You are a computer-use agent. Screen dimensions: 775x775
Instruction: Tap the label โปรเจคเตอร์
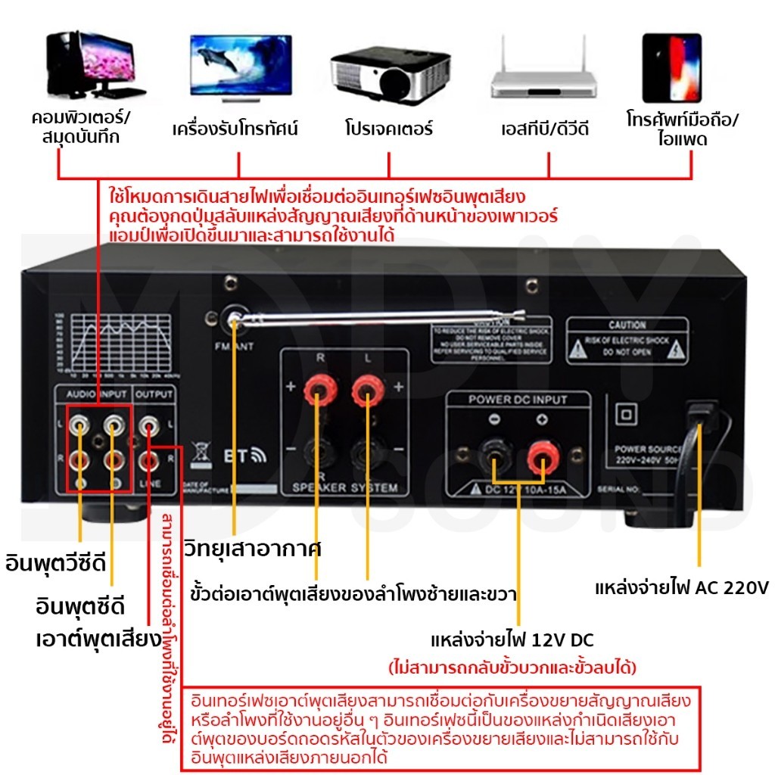coord(388,129)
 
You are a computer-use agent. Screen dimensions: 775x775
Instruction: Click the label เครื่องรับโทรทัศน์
coord(235,129)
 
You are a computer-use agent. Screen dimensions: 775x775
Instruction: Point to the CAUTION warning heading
coord(627,325)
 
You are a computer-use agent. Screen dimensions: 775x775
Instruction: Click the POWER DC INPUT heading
coord(518,399)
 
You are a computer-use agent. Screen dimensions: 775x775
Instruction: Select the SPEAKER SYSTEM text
coord(344,488)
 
